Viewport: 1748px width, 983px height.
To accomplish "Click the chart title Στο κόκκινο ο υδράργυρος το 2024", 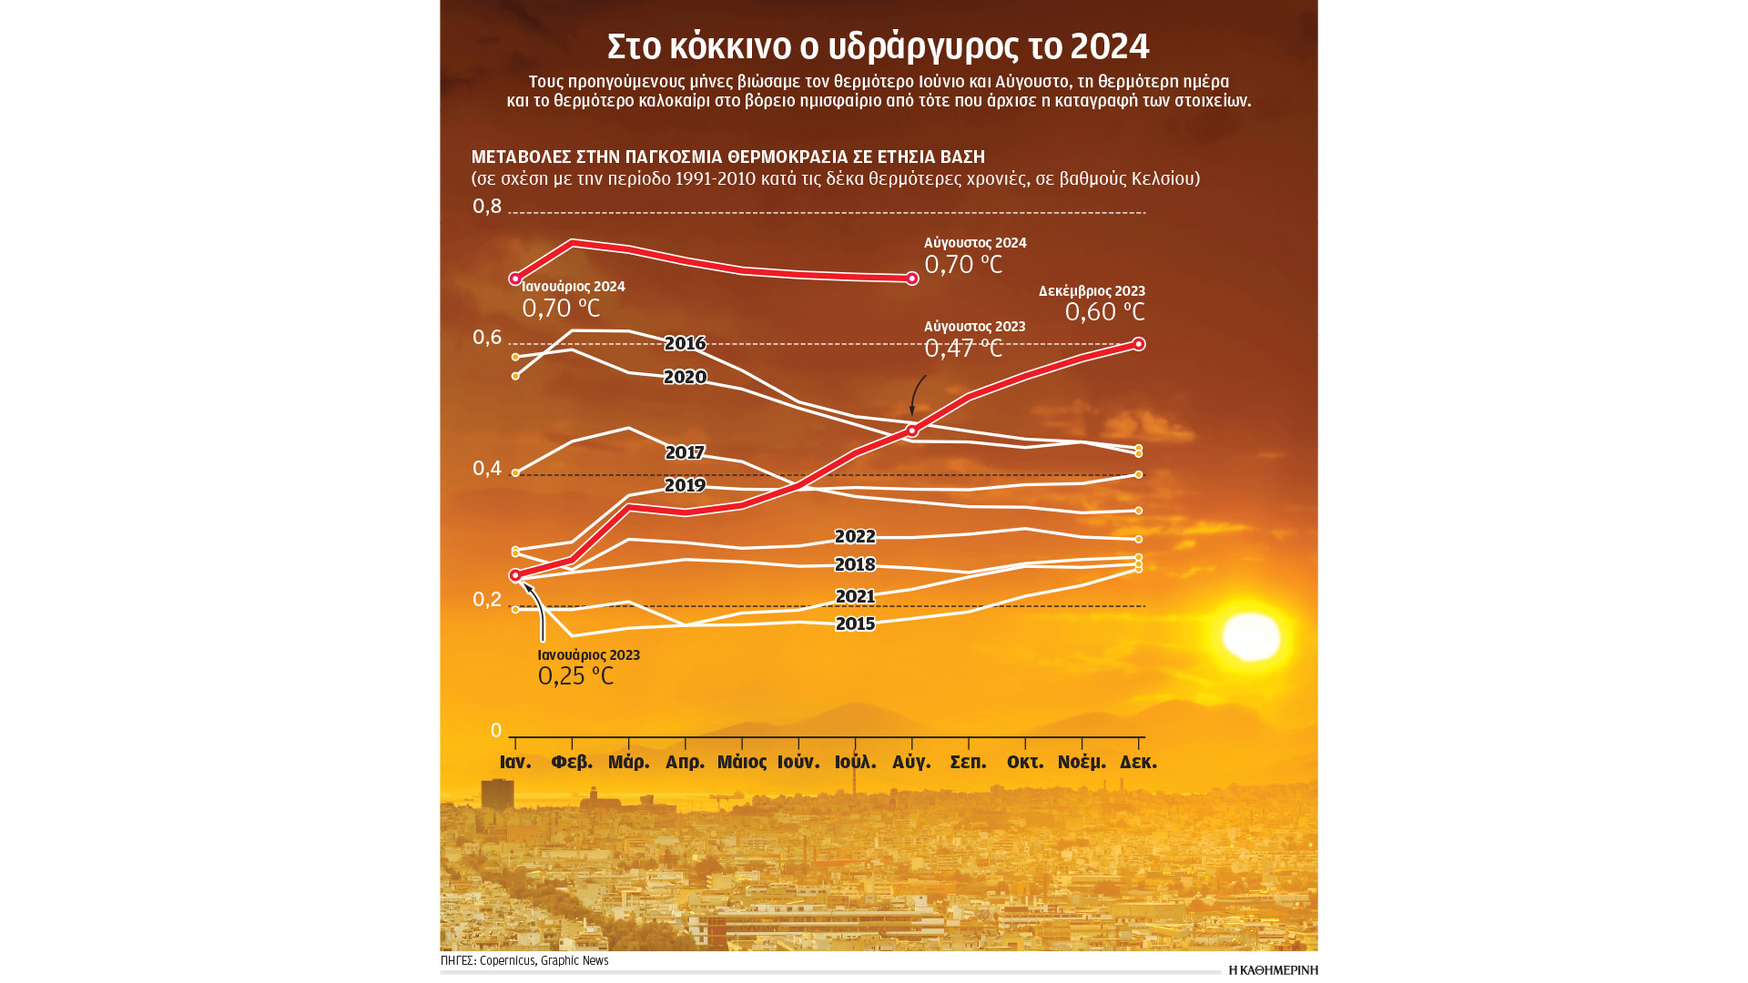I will [878, 46].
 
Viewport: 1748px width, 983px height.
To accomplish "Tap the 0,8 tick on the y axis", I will [487, 207].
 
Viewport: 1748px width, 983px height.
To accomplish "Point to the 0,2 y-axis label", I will [487, 600].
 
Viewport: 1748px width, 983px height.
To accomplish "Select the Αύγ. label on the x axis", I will [911, 763].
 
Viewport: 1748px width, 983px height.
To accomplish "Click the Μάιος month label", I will [741, 763].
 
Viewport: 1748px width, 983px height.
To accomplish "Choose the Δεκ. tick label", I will [1138, 763].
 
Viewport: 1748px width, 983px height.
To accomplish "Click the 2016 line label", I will [685, 344].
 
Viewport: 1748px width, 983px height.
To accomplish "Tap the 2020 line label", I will [685, 378].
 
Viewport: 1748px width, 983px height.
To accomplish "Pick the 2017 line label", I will [685, 453].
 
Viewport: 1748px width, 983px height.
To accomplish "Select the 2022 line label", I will [855, 537].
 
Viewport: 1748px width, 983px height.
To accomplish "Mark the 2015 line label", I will [855, 624].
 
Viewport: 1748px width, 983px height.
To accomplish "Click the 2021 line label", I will [855, 597].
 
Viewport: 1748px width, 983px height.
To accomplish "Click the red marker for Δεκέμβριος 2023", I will [1138, 344].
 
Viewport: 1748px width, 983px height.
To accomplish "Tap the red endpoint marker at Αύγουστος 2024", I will [912, 279].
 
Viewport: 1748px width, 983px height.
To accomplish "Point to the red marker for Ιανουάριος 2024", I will [515, 279].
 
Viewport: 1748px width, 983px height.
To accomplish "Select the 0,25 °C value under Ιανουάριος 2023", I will [575, 676].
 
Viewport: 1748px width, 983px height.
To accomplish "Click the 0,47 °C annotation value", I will [962, 349].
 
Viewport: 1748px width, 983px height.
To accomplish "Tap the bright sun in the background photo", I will [1250, 636].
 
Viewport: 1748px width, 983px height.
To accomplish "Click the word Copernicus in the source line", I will [507, 961].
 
